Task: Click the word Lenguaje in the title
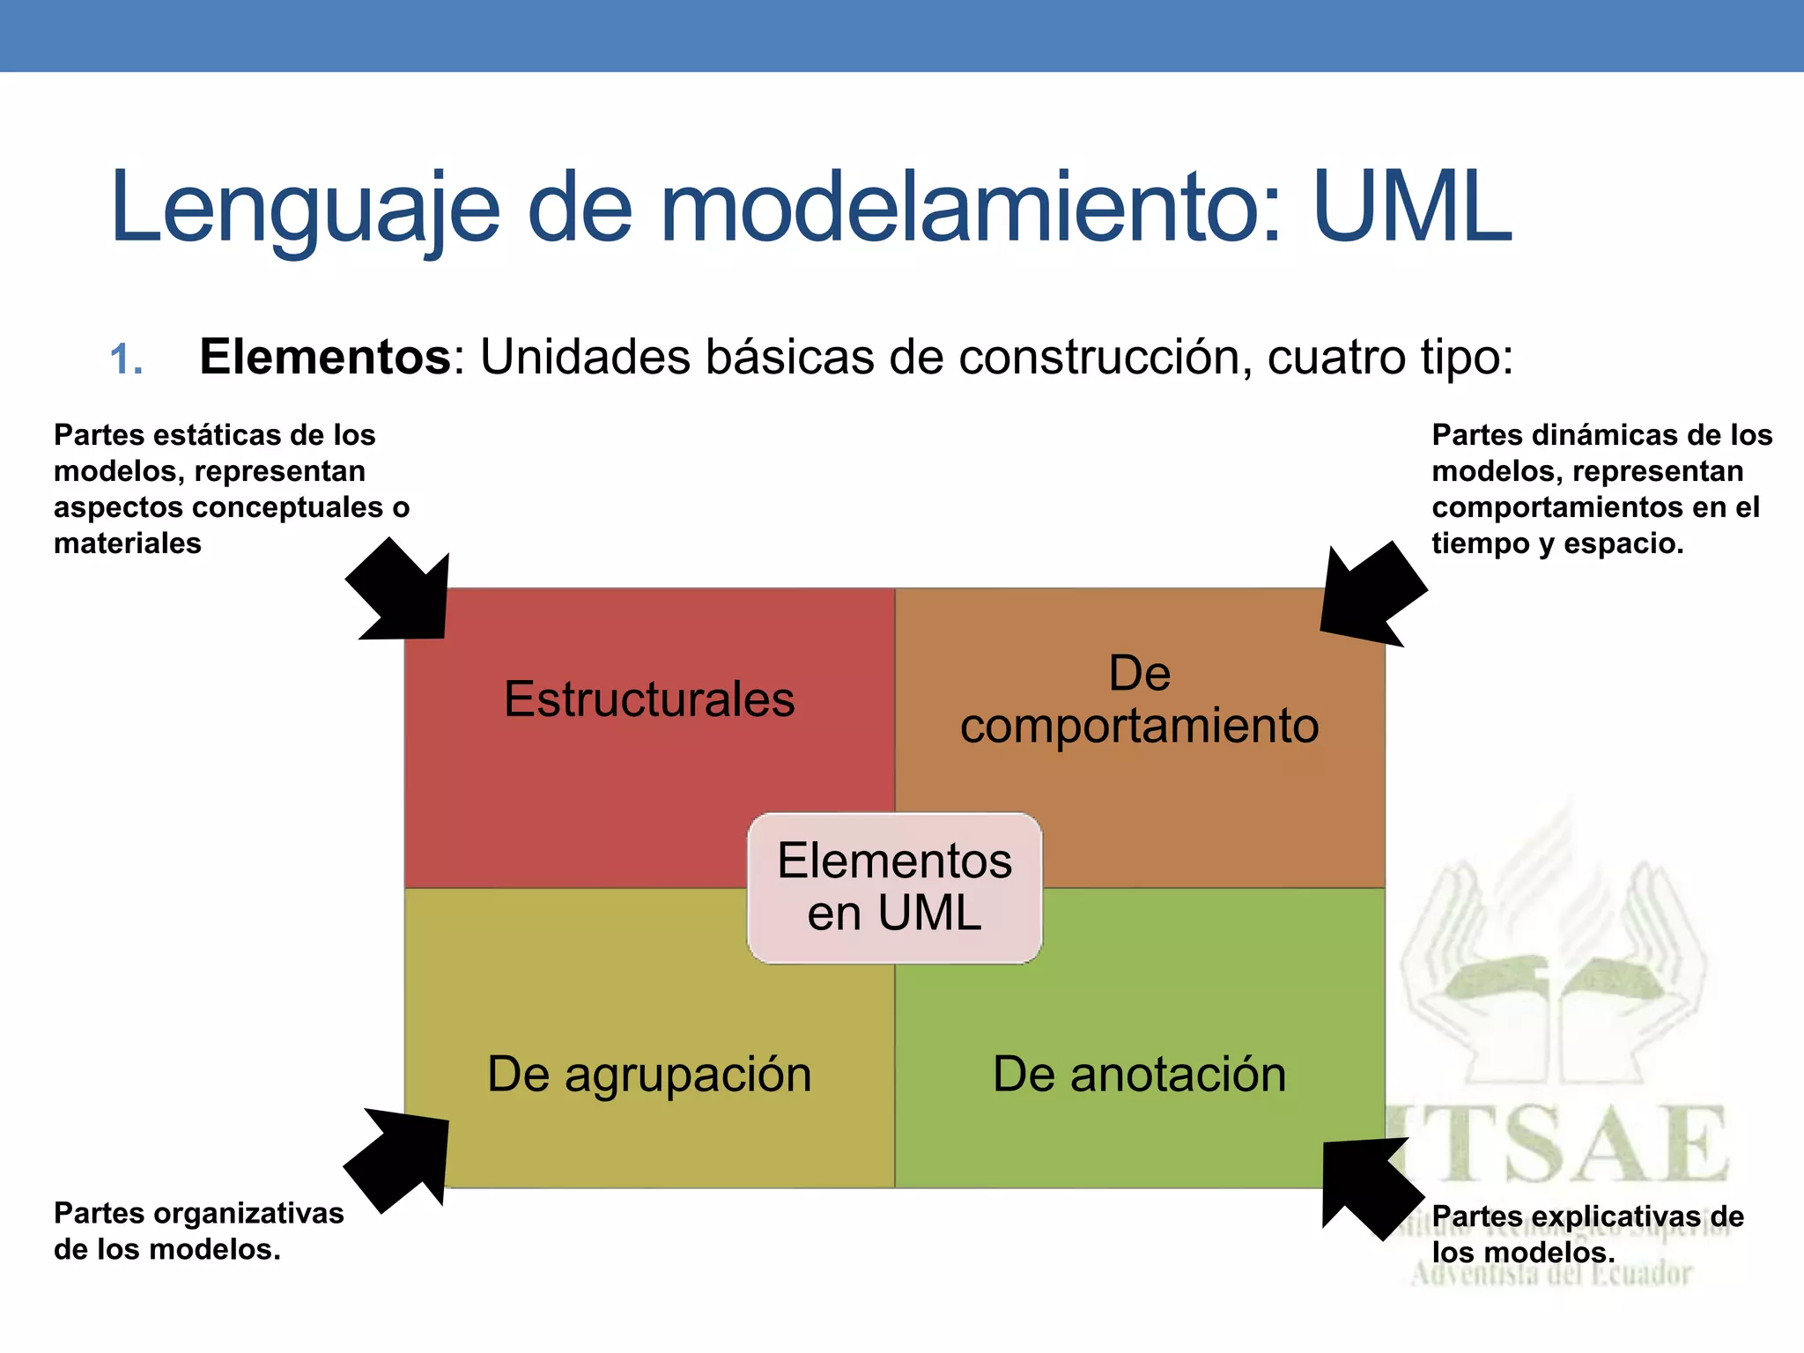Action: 305,210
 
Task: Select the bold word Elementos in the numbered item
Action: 325,357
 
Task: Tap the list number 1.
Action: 126,360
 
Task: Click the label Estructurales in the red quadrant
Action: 649,699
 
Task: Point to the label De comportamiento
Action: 1139,700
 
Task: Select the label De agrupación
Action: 649,1075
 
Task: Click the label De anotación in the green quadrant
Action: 1139,1075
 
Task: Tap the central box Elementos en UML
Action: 894,887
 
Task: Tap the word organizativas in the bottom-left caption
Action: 248,1214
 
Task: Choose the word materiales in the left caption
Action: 128,543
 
